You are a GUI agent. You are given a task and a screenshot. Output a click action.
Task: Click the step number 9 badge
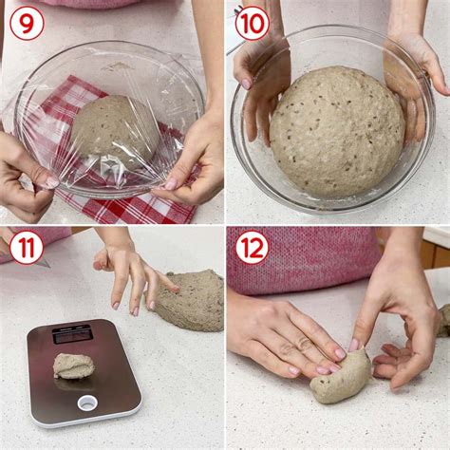click(27, 24)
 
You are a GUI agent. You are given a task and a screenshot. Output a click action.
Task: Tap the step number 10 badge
click(253, 24)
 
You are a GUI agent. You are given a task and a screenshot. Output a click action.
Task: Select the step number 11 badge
click(27, 248)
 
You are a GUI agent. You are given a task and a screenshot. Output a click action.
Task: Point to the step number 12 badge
click(253, 248)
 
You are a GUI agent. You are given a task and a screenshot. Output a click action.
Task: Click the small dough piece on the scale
click(74, 366)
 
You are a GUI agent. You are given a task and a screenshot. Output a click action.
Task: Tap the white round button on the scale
click(87, 403)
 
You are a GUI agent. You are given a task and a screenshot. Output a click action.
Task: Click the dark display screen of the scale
click(72, 335)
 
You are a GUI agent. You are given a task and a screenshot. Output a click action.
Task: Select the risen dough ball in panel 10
click(337, 131)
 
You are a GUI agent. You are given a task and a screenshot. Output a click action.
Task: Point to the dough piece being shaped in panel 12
click(340, 377)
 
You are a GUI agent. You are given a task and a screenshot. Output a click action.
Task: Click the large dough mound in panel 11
click(187, 300)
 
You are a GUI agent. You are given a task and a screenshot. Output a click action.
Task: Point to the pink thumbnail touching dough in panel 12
click(354, 345)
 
